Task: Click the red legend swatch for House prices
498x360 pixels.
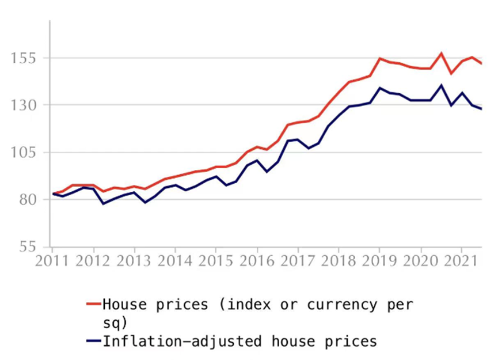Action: (93, 304)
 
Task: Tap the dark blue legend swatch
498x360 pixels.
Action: (93, 341)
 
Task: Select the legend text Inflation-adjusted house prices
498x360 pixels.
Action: (240, 341)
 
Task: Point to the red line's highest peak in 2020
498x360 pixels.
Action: (441, 54)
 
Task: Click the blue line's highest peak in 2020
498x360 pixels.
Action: (441, 86)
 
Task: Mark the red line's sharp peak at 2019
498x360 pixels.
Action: (380, 58)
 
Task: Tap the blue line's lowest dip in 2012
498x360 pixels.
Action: (103, 203)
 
